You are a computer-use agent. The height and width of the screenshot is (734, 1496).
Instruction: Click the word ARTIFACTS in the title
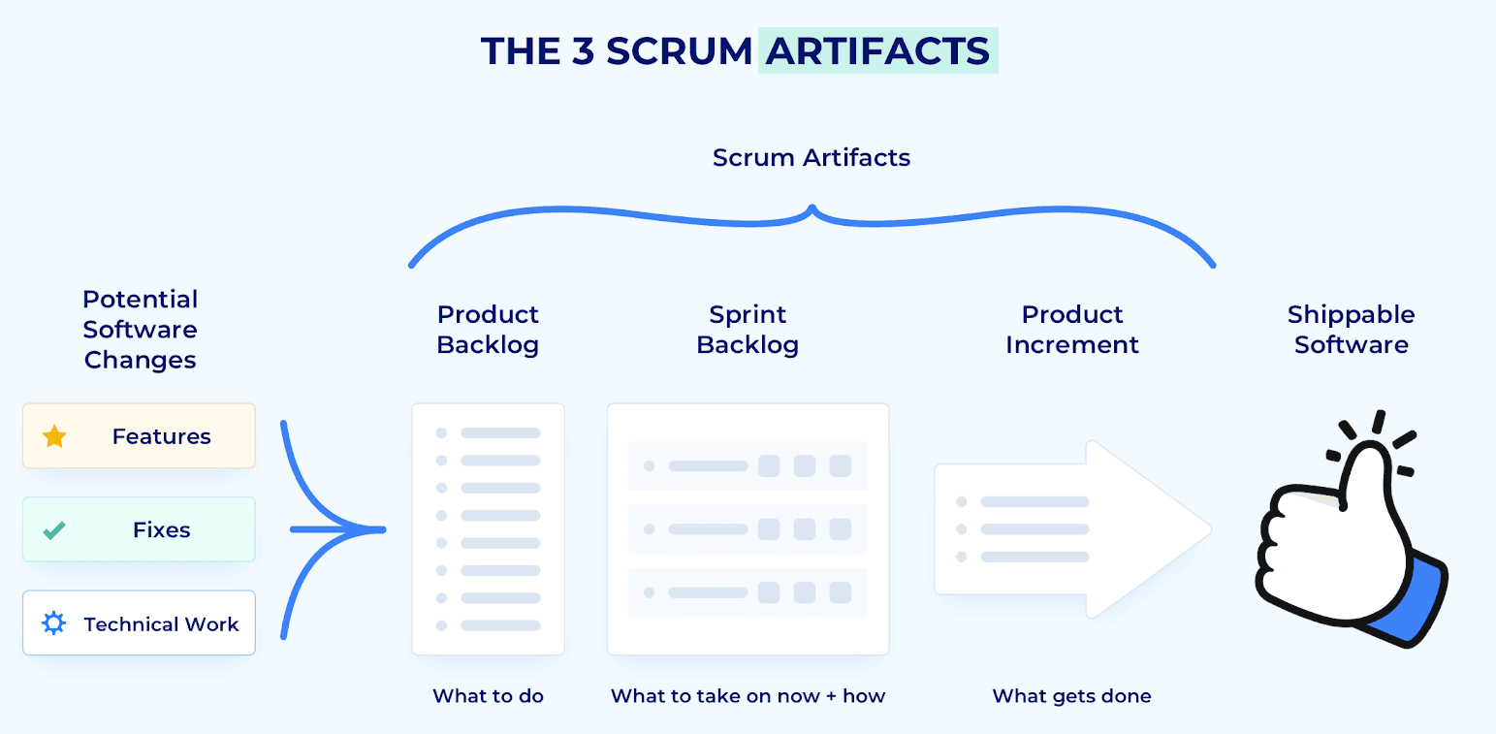pos(877,50)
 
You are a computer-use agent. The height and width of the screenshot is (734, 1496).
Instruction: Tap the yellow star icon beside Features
pos(54,436)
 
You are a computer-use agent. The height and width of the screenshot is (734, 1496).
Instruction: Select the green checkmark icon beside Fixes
pos(54,530)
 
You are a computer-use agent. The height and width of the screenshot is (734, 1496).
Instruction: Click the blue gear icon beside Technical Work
pos(54,623)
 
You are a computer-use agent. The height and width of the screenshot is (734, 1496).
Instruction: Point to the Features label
pos(161,436)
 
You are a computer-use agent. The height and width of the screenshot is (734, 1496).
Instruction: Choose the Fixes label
pos(161,530)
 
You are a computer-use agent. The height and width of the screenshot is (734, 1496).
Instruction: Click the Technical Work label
pos(161,624)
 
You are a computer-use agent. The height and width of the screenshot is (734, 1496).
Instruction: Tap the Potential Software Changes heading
pos(141,330)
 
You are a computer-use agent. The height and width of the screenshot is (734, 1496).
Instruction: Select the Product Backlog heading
pos(488,330)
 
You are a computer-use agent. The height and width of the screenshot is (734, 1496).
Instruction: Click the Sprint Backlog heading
pos(748,330)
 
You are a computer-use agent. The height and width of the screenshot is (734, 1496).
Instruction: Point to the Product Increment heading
pos(1072,330)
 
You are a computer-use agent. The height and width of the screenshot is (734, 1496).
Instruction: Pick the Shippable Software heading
pos(1351,330)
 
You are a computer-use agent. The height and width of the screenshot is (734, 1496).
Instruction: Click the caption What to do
pos(488,695)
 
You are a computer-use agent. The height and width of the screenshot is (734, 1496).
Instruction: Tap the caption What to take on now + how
pos(748,695)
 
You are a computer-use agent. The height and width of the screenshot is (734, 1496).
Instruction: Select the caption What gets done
pos(1072,695)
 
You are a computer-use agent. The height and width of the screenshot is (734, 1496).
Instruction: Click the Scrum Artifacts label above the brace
pos(812,158)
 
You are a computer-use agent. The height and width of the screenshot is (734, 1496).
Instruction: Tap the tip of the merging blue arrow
pos(383,529)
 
